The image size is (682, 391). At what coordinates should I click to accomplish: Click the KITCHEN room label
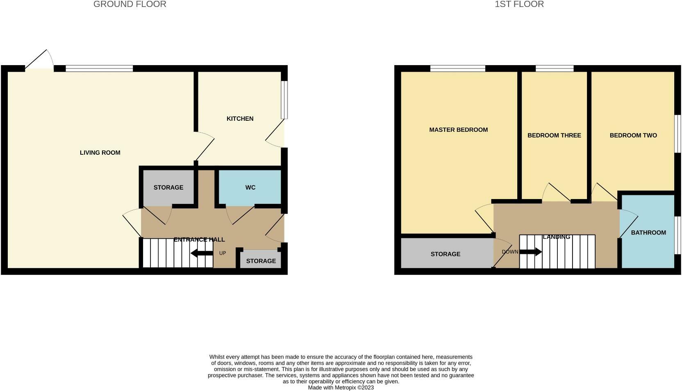[240, 119]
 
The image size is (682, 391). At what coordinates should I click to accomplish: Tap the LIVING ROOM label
[100, 153]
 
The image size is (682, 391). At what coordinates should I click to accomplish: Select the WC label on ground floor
[250, 188]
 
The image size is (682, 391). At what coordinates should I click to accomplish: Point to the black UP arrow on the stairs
[201, 253]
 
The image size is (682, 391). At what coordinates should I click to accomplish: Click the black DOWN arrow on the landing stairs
[531, 252]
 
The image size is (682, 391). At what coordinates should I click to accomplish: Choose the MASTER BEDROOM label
[458, 130]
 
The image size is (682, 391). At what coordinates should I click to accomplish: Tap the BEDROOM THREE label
[554, 136]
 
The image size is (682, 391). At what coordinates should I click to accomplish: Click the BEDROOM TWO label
[633, 136]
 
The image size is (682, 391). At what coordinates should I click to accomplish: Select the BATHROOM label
[648, 233]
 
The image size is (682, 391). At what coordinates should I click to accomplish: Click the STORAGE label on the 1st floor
[445, 254]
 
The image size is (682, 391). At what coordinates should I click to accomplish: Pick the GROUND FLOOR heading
[130, 5]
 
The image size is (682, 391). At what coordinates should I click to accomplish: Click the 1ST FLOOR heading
[519, 5]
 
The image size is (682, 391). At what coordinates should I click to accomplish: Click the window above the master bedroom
[457, 68]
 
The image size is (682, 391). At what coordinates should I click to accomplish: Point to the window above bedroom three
[554, 68]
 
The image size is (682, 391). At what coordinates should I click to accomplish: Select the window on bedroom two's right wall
[678, 133]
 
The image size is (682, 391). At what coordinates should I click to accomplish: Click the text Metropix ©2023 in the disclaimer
[354, 387]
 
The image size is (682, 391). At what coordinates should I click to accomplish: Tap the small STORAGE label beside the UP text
[261, 261]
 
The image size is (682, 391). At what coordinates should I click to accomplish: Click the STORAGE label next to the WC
[168, 188]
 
